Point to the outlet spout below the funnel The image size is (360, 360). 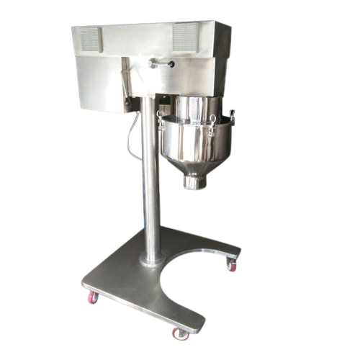click(193, 181)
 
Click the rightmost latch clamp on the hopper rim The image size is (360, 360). click(232, 114)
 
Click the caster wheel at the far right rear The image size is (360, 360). click(231, 266)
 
